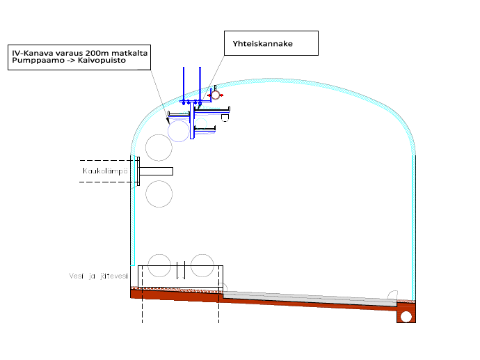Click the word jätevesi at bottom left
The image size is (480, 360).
pyautogui.click(x=113, y=276)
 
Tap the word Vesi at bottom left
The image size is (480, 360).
pyautogui.click(x=77, y=276)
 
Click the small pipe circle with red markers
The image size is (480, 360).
pyautogui.click(x=216, y=94)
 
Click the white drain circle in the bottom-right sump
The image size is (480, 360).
pyautogui.click(x=406, y=316)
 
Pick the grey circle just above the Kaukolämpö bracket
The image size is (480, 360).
pyautogui.click(x=159, y=147)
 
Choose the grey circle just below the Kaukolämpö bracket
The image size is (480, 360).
pyautogui.click(x=159, y=194)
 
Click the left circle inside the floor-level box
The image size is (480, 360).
pyautogui.click(x=159, y=265)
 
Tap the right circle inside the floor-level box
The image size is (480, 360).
pyautogui.click(x=202, y=265)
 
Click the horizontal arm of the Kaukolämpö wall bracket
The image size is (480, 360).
pyautogui.click(x=156, y=171)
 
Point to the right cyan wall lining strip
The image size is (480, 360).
pyautogui.click(x=414, y=223)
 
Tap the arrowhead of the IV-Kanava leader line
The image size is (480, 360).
pyautogui.click(x=168, y=120)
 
